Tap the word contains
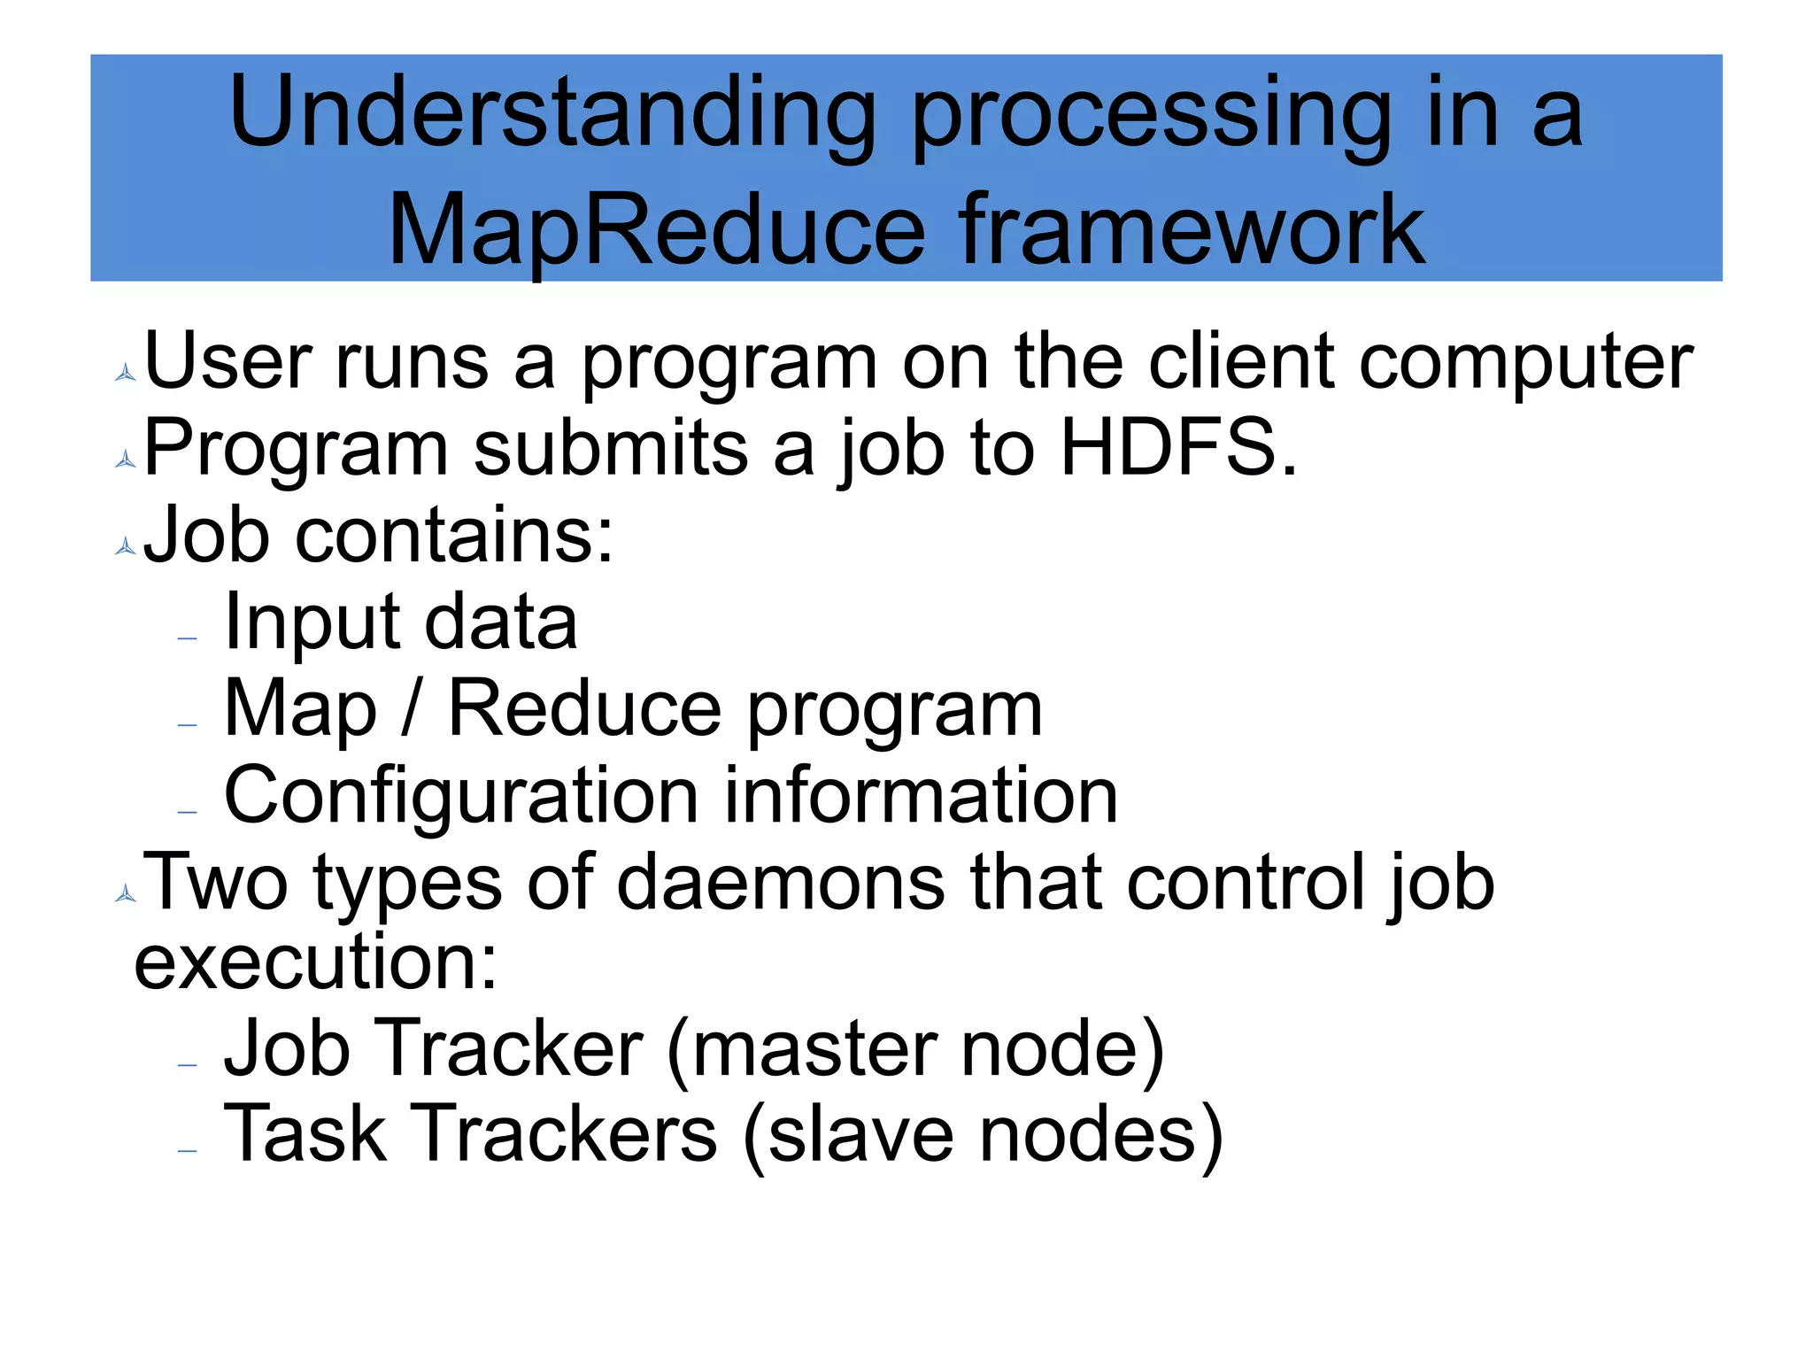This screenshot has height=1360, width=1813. point(453,536)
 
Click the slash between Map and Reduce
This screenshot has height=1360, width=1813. point(409,708)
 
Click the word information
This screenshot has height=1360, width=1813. point(921,796)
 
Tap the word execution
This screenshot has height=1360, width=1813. point(314,962)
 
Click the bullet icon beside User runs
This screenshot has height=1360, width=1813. point(126,373)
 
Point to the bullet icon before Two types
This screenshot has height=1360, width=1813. point(126,894)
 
